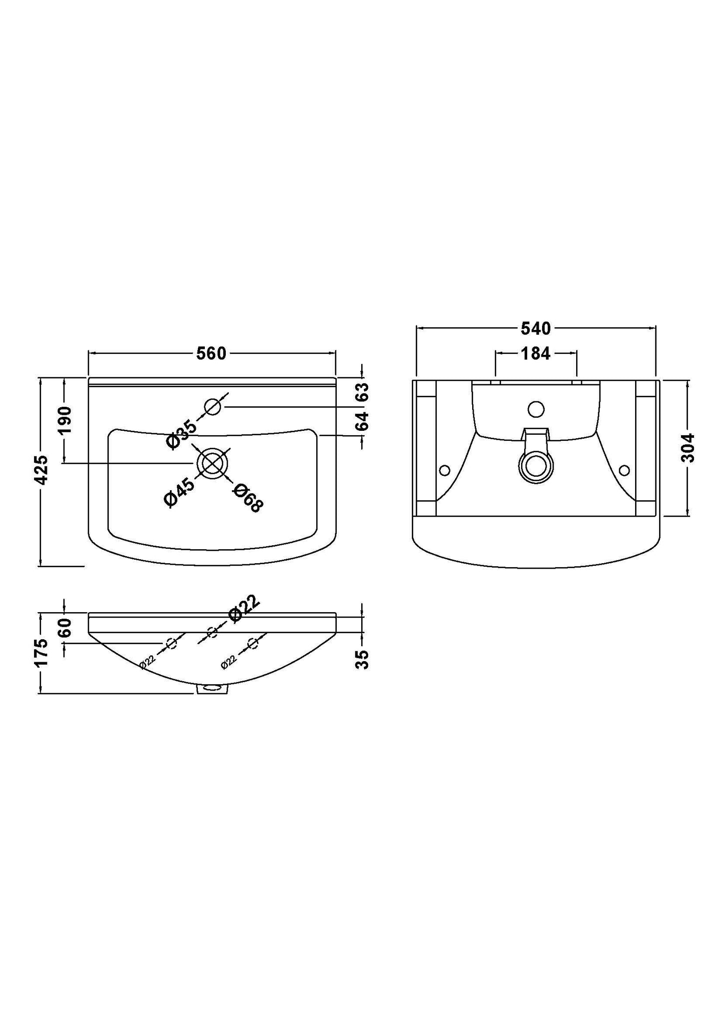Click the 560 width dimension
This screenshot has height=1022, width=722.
(x=211, y=354)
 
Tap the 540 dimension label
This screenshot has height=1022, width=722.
(x=536, y=328)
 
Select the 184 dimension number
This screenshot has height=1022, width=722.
(x=536, y=354)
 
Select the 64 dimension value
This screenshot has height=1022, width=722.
(x=362, y=421)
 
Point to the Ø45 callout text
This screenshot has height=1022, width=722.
(x=179, y=492)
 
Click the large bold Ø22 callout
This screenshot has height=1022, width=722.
(x=244, y=608)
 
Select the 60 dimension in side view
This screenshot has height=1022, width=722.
(x=65, y=627)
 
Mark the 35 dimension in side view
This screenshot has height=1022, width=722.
(x=362, y=659)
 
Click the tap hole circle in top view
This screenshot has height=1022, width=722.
(x=213, y=407)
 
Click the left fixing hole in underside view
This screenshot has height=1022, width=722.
(x=444, y=470)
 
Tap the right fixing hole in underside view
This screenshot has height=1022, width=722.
(x=624, y=470)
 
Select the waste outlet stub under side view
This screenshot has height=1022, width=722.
(x=213, y=690)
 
